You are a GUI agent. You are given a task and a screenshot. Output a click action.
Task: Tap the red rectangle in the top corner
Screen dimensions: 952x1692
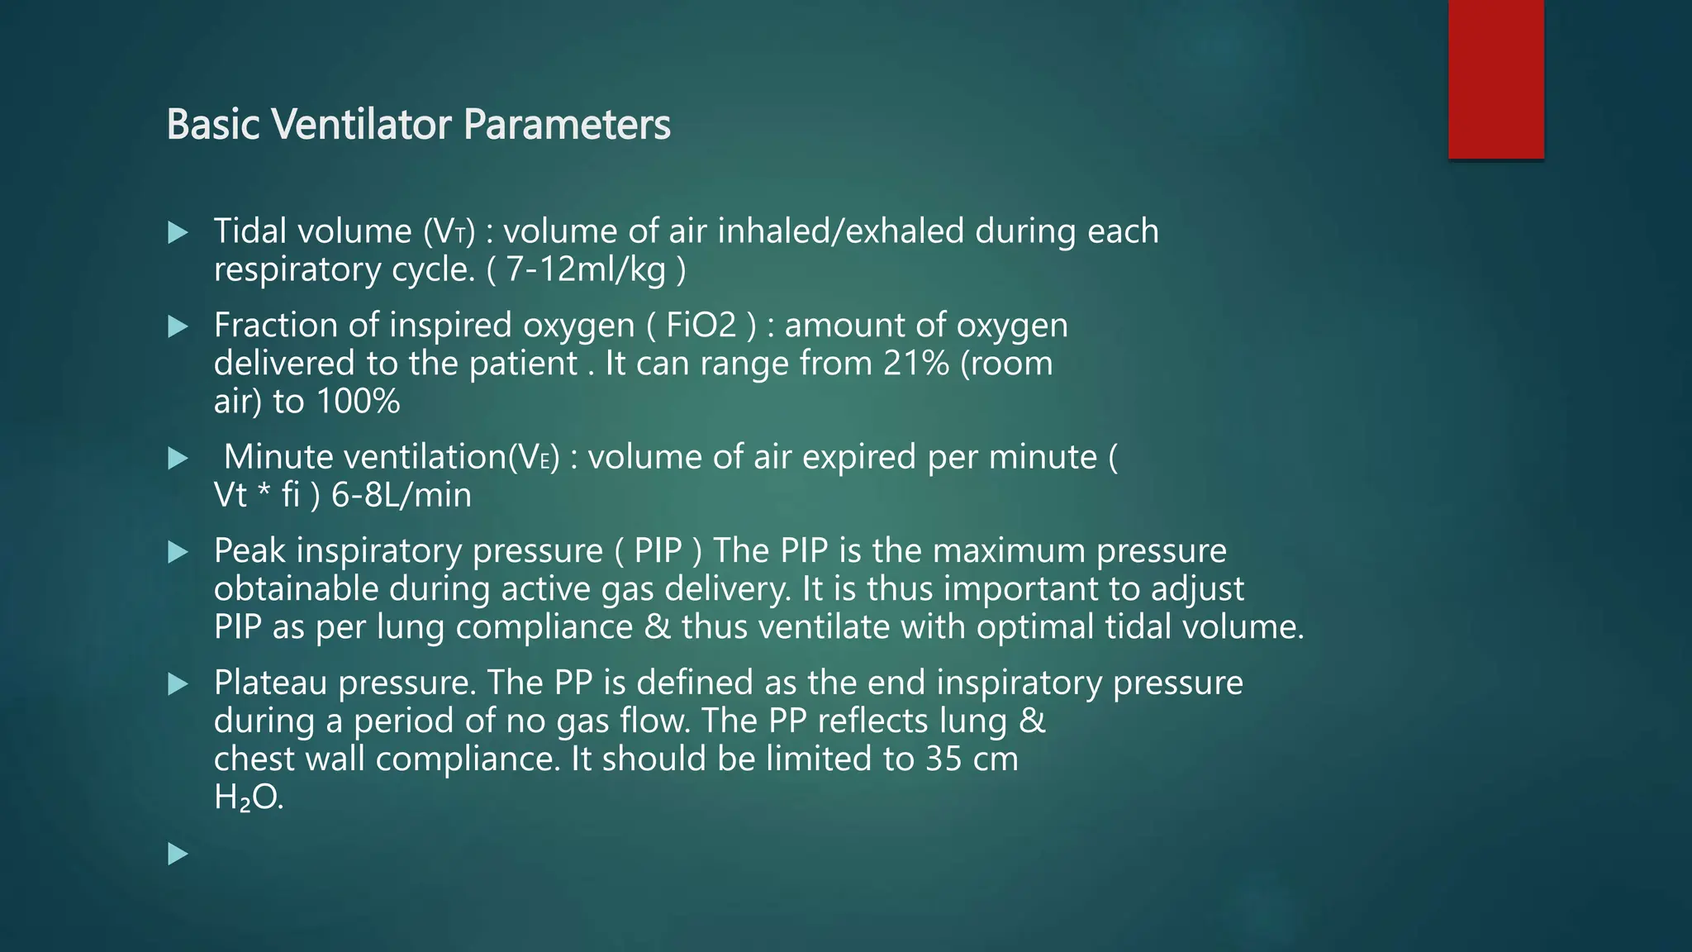1495,79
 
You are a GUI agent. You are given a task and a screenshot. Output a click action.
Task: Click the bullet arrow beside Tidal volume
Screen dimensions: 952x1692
178,232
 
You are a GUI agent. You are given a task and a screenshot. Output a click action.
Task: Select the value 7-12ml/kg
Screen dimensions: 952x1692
586,269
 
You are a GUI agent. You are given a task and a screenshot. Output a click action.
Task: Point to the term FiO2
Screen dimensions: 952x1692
701,325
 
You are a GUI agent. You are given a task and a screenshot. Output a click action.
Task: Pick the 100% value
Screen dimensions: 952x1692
359,402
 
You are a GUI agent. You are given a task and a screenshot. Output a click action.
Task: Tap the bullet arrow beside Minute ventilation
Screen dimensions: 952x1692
178,458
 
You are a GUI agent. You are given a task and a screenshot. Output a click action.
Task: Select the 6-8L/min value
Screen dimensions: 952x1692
402,495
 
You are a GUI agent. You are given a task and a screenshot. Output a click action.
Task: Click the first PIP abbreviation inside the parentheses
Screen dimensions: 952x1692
658,550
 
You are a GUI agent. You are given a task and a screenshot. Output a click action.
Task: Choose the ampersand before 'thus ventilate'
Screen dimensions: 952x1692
657,626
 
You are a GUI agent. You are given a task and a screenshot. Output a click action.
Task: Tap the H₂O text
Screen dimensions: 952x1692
248,797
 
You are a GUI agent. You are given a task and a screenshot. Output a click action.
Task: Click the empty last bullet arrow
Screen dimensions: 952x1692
178,854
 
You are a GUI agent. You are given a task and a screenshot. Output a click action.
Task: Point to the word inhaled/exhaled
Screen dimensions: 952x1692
840,231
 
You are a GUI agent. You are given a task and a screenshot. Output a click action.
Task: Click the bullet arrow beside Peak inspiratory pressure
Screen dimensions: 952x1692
178,552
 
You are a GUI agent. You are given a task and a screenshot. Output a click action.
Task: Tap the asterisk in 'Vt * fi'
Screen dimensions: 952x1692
264,495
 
